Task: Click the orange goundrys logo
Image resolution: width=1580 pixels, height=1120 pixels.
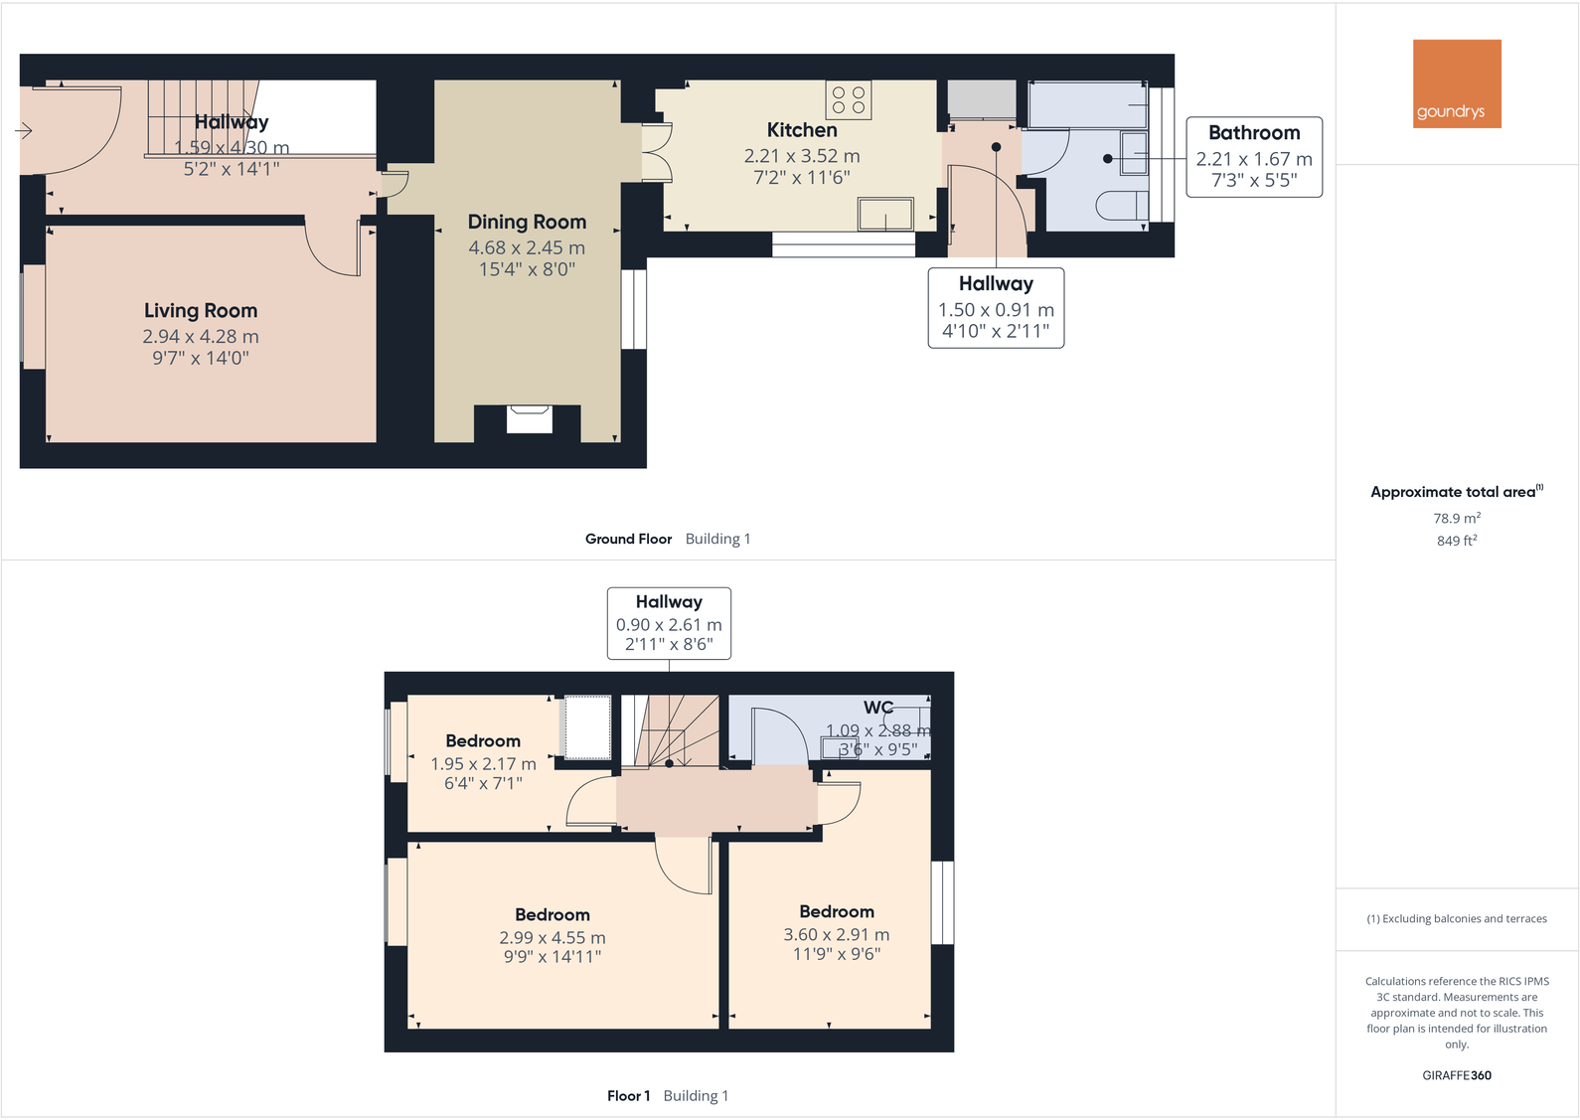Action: (1457, 83)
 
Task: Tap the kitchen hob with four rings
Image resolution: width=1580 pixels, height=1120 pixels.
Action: (848, 99)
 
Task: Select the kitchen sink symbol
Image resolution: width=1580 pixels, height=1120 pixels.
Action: (885, 214)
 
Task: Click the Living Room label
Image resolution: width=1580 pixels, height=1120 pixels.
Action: (201, 311)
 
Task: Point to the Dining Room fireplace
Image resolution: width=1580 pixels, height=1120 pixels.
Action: (529, 418)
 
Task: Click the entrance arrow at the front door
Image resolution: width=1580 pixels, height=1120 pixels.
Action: (24, 130)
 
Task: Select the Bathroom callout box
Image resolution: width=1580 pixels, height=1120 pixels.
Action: (1254, 157)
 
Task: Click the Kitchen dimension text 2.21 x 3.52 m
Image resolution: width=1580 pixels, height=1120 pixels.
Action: (802, 156)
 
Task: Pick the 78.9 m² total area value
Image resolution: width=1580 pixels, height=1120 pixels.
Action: (1456, 518)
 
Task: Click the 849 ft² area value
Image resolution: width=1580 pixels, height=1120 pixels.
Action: (1456, 541)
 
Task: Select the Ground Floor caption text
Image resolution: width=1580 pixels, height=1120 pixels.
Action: (628, 539)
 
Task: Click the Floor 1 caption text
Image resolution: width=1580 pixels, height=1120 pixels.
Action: (628, 1096)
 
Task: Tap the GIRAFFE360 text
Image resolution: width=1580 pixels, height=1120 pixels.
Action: (1456, 1075)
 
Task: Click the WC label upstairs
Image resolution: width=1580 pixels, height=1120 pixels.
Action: (877, 708)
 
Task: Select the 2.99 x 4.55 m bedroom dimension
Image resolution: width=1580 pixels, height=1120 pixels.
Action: (553, 937)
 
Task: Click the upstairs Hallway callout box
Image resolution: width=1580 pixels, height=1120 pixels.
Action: (669, 623)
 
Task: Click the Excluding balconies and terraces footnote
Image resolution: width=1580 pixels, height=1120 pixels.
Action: (1456, 918)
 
